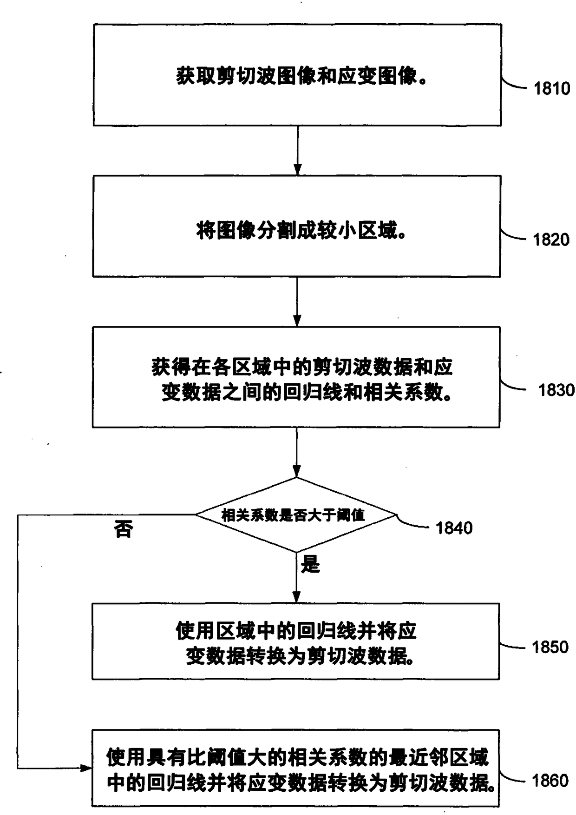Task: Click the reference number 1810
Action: tap(551, 88)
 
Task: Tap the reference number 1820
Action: tap(551, 240)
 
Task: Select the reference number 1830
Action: tap(556, 390)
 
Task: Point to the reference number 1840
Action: tap(454, 528)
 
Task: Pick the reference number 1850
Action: tap(550, 647)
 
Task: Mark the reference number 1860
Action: tap(550, 781)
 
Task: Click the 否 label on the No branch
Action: tap(124, 529)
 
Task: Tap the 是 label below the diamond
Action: tap(310, 565)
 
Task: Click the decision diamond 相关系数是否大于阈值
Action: tap(296, 515)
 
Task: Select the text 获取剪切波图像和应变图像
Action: tap(301, 76)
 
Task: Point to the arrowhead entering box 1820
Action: tap(297, 170)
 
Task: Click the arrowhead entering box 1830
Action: tap(297, 321)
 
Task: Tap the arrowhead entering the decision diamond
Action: tap(296, 472)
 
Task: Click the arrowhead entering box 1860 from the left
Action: tap(86, 768)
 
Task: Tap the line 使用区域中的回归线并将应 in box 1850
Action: tap(296, 631)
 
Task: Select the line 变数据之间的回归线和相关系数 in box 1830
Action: tap(307, 393)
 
